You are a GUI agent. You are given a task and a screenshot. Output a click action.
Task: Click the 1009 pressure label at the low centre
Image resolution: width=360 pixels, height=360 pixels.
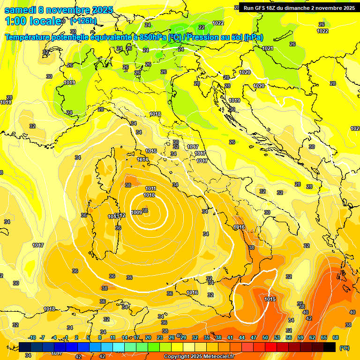pos(137,212)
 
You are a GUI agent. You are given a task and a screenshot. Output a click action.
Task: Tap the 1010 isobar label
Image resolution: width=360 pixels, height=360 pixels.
pos(149,195)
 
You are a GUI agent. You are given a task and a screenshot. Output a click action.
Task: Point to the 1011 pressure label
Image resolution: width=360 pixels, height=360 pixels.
pos(150,188)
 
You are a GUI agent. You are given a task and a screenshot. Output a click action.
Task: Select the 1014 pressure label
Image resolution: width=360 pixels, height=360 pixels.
pos(142,160)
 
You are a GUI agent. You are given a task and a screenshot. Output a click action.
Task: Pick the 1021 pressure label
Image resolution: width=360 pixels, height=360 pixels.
pos(268,48)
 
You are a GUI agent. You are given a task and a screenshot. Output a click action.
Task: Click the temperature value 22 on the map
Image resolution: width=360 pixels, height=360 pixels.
pos(202,27)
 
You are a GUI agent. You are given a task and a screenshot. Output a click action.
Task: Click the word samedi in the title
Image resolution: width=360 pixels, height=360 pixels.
pos(21,10)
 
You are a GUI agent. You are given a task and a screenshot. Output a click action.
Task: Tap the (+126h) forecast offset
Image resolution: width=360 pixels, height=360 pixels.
pos(83,21)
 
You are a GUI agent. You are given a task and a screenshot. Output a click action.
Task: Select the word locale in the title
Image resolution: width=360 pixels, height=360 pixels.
pos(45,21)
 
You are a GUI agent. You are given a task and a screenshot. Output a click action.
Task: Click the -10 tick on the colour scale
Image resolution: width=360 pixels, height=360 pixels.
pos(32,337)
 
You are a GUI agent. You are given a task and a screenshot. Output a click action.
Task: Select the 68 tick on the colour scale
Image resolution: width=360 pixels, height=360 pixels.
pos(336,337)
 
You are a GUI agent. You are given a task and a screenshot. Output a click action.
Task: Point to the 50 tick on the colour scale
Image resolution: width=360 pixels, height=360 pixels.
pos(265,337)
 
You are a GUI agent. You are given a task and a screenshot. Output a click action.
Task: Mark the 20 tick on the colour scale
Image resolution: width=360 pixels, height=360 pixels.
pos(148,337)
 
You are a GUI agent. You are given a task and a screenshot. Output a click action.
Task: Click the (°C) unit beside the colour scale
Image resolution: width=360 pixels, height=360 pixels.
pos(344,348)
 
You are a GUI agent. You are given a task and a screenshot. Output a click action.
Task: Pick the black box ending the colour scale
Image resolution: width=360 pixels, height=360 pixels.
pos(330,347)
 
